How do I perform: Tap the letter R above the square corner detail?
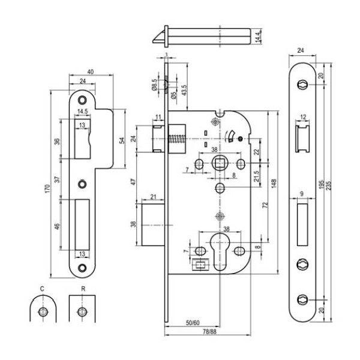(x=81, y=289)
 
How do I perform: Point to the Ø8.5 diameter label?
(x=154, y=86)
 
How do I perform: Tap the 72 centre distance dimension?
(x=265, y=205)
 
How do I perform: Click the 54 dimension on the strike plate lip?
(x=122, y=140)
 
